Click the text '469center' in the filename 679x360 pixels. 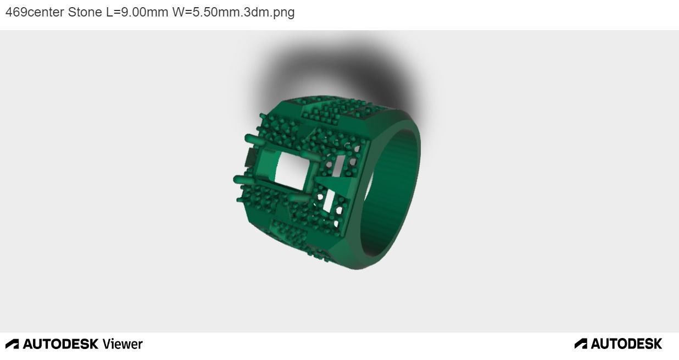click(35, 12)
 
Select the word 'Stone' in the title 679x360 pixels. click(85, 12)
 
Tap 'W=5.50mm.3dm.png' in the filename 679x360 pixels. click(233, 12)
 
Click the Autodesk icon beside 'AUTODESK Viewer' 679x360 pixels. click(12, 344)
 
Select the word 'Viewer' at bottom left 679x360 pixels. click(122, 344)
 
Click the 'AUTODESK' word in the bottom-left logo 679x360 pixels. click(60, 344)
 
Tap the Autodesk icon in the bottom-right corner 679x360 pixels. click(581, 344)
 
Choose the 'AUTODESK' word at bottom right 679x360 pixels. click(626, 344)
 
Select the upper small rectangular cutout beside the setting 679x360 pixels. click(338, 164)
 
